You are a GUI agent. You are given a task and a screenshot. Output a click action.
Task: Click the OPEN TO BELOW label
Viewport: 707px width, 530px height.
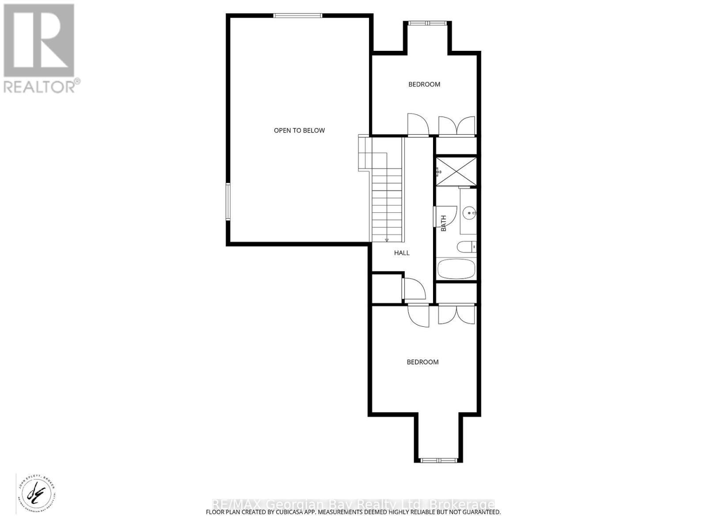click(x=299, y=130)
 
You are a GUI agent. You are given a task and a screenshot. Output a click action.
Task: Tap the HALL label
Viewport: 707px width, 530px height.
click(x=402, y=253)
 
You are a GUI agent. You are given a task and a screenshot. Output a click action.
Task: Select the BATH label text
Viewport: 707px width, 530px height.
click(x=444, y=223)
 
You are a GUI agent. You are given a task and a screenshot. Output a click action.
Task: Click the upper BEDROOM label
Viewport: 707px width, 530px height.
click(x=424, y=84)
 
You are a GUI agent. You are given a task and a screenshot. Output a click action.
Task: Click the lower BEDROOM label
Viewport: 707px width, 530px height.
click(x=422, y=362)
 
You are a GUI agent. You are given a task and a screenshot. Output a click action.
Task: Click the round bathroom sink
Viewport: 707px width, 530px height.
click(x=468, y=213)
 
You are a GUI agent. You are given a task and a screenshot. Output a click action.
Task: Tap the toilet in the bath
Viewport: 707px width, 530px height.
click(x=466, y=247)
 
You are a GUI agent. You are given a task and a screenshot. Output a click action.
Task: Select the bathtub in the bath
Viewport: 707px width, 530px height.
click(x=456, y=269)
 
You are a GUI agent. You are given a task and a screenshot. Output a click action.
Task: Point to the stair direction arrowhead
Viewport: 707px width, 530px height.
click(x=387, y=240)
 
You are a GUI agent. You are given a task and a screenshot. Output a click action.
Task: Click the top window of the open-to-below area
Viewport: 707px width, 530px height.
click(x=297, y=16)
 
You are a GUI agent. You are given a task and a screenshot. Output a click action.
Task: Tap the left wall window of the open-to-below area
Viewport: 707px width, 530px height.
click(x=228, y=202)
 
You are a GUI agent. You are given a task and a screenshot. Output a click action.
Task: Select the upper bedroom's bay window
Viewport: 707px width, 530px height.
click(x=427, y=23)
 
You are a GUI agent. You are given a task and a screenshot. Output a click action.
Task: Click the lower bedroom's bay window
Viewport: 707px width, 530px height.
click(x=438, y=460)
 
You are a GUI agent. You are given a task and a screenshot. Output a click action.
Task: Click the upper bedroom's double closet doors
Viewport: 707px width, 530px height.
click(x=456, y=125)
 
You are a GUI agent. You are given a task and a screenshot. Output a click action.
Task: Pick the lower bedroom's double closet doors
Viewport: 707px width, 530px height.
click(x=456, y=315)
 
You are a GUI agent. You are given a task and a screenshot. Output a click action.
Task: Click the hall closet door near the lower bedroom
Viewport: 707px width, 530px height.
click(x=414, y=289)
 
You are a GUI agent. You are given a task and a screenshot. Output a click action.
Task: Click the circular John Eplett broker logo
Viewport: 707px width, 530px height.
click(x=36, y=493)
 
